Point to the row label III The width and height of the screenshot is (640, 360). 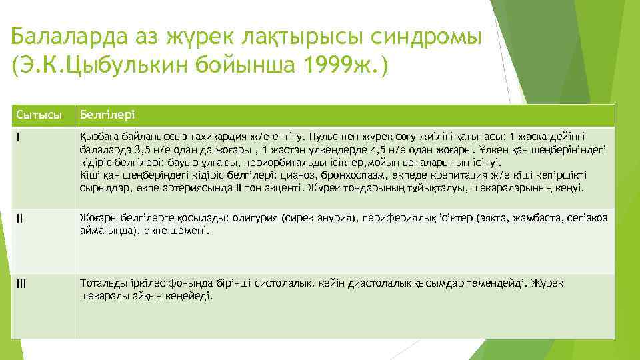click(x=21, y=283)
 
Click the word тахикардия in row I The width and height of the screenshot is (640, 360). click(x=197, y=137)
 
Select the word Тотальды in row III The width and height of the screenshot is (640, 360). click(x=100, y=283)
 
